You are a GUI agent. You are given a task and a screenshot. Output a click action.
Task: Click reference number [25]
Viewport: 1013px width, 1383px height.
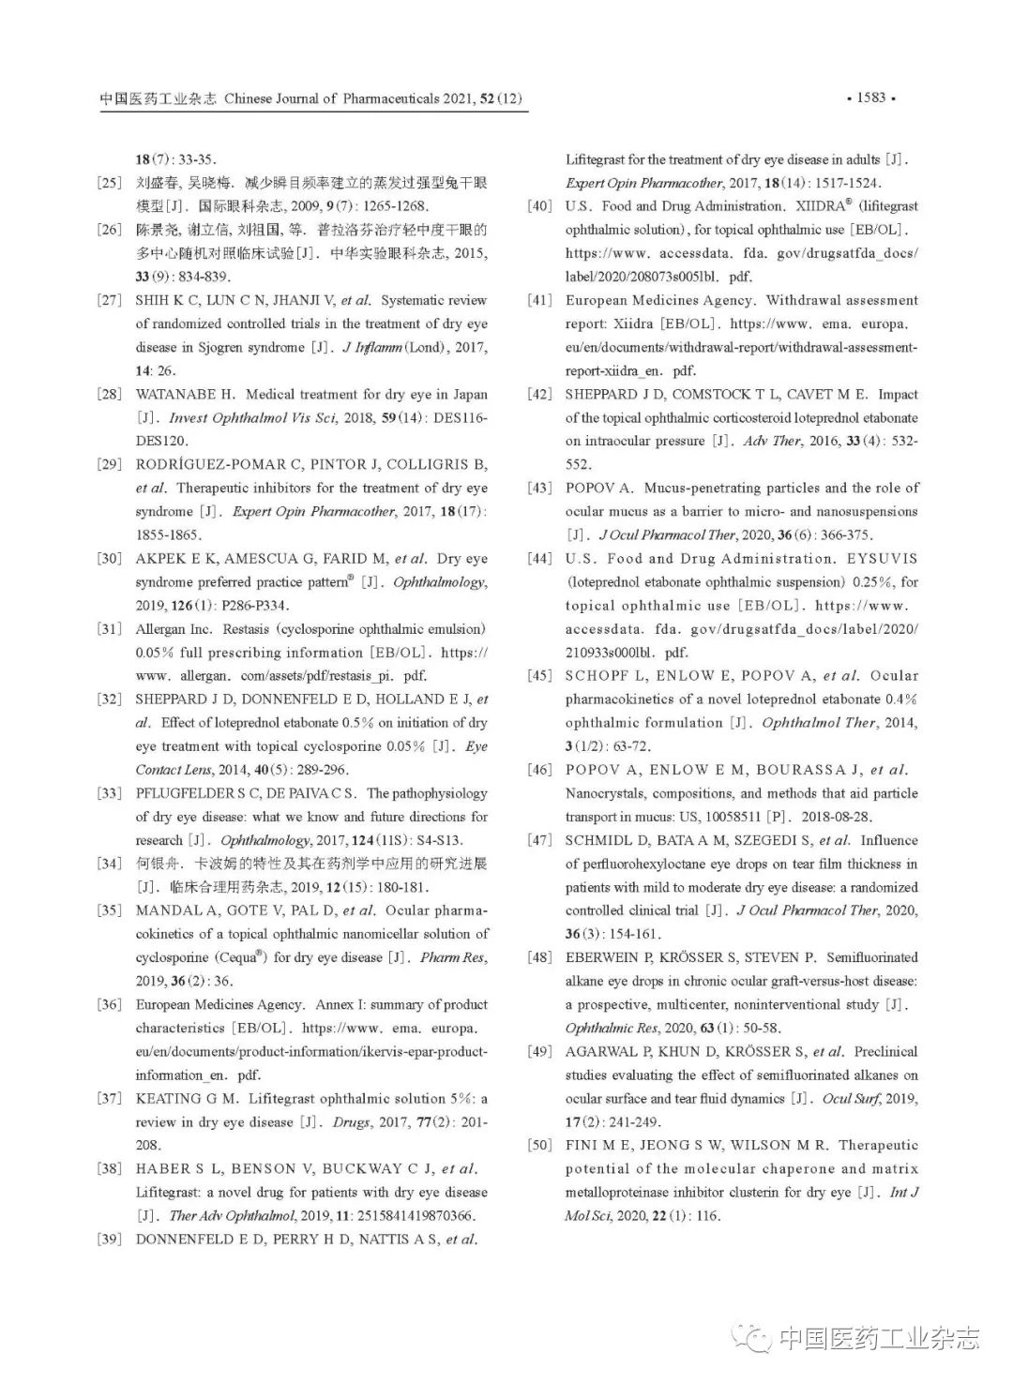[110, 183]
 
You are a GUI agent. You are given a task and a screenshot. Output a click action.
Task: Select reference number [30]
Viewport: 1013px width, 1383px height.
[110, 559]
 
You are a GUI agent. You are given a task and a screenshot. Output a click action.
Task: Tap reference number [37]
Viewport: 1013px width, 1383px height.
[110, 1099]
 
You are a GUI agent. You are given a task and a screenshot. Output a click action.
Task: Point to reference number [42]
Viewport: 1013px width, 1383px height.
[539, 395]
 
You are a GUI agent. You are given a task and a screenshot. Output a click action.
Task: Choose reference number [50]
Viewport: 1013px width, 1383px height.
[539, 1146]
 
